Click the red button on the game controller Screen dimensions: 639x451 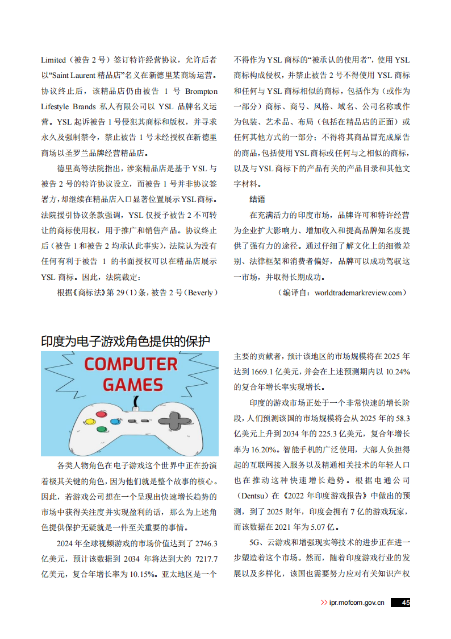coord(102,414)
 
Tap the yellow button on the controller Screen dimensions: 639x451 coord(89,422)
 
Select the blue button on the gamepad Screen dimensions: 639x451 coord(115,422)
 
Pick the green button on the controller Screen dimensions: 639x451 coord(102,429)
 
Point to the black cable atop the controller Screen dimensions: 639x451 coord(135,402)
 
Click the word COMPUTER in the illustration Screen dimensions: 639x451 coord(131,364)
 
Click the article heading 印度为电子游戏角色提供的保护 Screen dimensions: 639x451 coord(126,341)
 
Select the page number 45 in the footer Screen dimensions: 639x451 coord(406,603)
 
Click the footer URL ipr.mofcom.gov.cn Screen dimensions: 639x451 coord(357,603)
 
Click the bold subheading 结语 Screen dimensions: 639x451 coord(257,199)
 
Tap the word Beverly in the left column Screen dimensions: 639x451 coord(200,292)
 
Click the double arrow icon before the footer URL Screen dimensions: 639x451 coord(324,603)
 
